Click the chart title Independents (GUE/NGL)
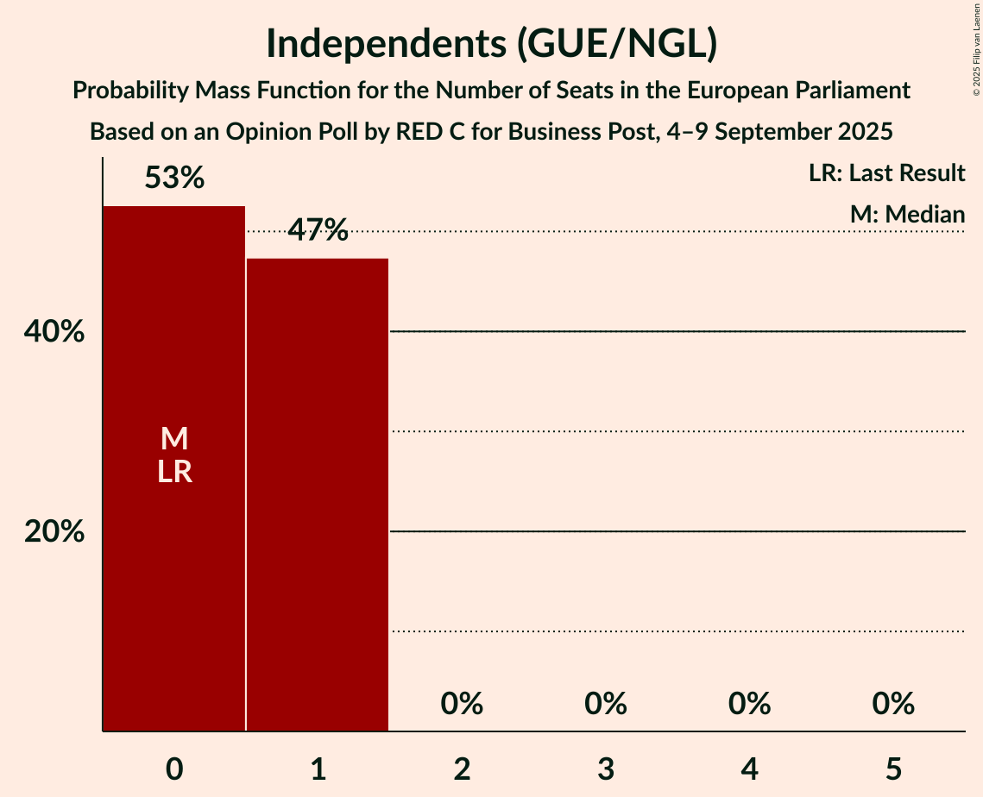pyautogui.click(x=491, y=43)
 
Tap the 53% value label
pyautogui.click(x=174, y=179)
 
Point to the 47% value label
pyautogui.click(x=318, y=230)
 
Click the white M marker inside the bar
pyautogui.click(x=174, y=439)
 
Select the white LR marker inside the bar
pyautogui.click(x=174, y=472)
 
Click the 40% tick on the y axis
pyautogui.click(x=54, y=332)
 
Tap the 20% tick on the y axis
pyautogui.click(x=54, y=532)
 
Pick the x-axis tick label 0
pyautogui.click(x=174, y=769)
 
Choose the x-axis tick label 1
pyautogui.click(x=318, y=769)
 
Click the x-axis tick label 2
pyautogui.click(x=462, y=769)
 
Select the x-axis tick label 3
pyautogui.click(x=606, y=769)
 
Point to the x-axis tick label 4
pyautogui.click(x=749, y=769)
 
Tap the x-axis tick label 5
pyautogui.click(x=893, y=769)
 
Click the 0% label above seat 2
pyautogui.click(x=462, y=705)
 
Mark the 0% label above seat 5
pyautogui.click(x=893, y=705)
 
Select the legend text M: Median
pyautogui.click(x=907, y=214)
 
